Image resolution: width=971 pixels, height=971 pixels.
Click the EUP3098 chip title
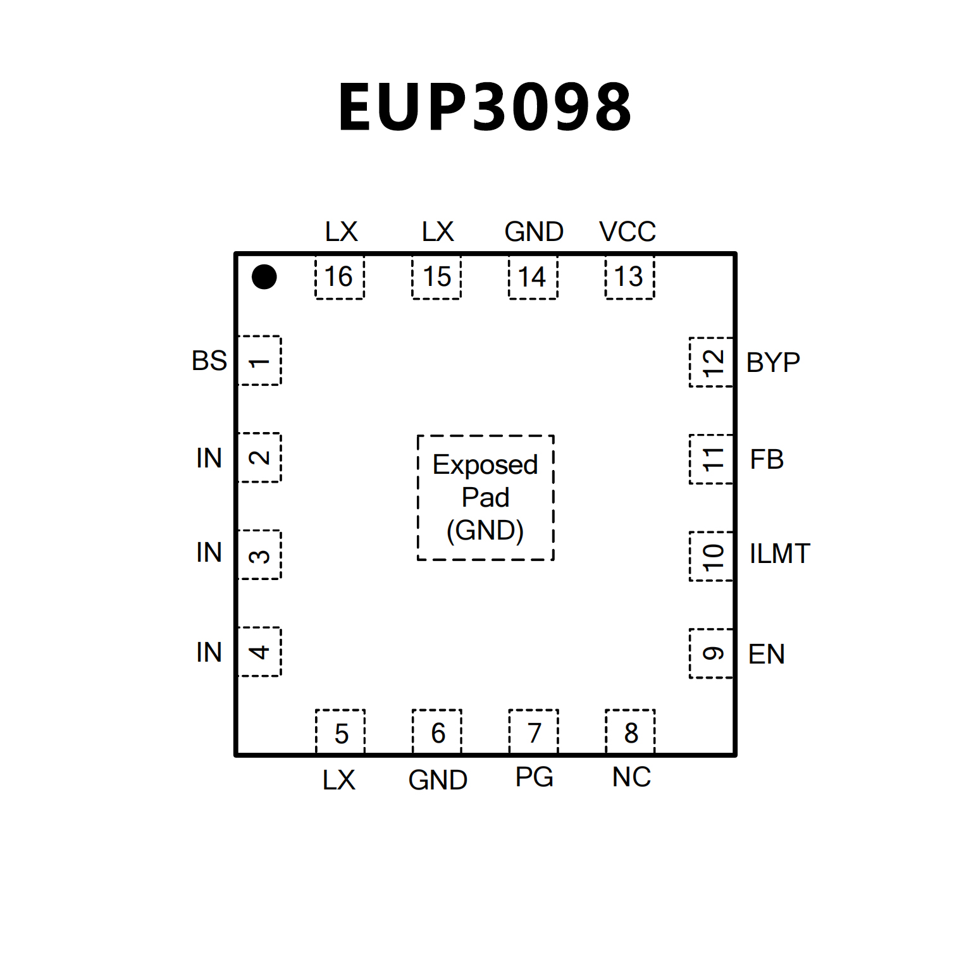(x=485, y=108)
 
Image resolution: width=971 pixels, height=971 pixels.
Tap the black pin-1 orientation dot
(x=264, y=276)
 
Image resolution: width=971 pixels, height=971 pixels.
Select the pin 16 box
(x=340, y=277)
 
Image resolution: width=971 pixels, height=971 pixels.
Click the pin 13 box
(x=629, y=277)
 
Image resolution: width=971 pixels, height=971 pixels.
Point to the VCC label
(x=628, y=232)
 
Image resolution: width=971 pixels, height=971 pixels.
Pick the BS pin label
(x=209, y=361)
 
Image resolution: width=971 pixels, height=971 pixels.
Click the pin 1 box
(x=259, y=361)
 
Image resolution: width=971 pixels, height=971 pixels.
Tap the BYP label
(x=773, y=362)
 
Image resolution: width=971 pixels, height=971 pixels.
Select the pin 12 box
(x=712, y=362)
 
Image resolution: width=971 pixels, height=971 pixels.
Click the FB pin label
(x=767, y=460)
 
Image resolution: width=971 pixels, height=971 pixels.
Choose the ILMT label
(x=779, y=554)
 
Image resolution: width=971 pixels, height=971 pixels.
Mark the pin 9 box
(x=712, y=653)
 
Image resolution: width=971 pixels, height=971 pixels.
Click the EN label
(x=767, y=654)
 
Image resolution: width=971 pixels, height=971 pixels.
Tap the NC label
(x=631, y=777)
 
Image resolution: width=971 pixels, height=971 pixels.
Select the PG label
(x=535, y=777)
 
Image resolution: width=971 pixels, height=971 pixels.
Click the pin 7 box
(x=534, y=733)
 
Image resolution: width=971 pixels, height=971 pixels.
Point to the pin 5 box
(x=340, y=733)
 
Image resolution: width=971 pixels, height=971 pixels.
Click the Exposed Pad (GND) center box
(x=485, y=498)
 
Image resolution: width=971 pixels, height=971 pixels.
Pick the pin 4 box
(x=259, y=652)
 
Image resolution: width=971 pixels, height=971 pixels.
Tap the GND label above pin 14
(x=534, y=232)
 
